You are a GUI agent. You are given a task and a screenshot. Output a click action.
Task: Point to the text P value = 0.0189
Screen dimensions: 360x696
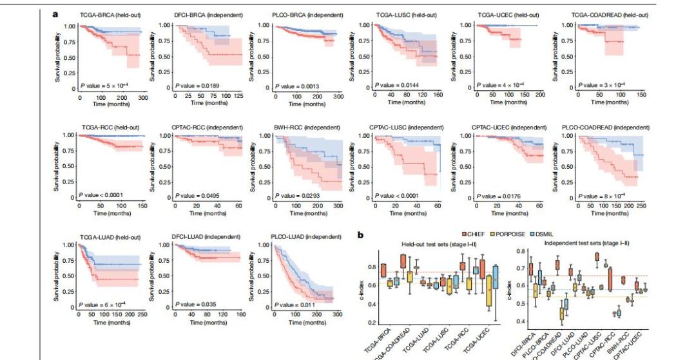(199, 86)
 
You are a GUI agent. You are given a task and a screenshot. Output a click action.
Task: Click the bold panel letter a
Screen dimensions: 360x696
(56, 13)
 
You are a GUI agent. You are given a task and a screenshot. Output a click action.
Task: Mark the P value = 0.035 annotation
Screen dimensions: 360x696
(197, 299)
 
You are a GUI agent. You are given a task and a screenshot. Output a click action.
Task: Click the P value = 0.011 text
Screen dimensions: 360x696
(296, 299)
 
